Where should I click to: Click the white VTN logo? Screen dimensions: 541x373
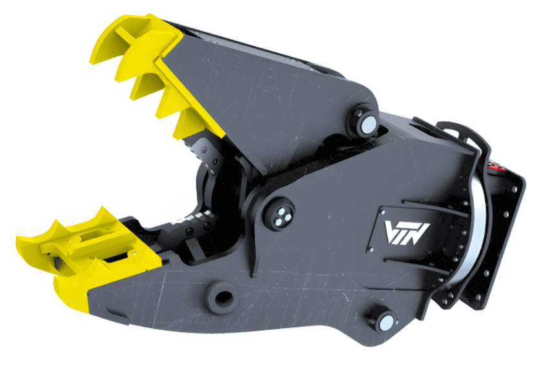(407, 233)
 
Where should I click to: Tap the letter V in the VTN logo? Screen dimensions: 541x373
(392, 232)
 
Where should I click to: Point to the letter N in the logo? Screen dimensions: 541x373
(419, 234)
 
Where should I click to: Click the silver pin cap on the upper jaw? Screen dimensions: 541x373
(368, 124)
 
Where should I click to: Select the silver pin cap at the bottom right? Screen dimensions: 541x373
(386, 322)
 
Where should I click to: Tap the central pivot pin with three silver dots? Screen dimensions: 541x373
(279, 214)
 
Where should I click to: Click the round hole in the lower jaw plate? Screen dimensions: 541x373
(223, 297)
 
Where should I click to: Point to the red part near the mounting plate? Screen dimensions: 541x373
(496, 165)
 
